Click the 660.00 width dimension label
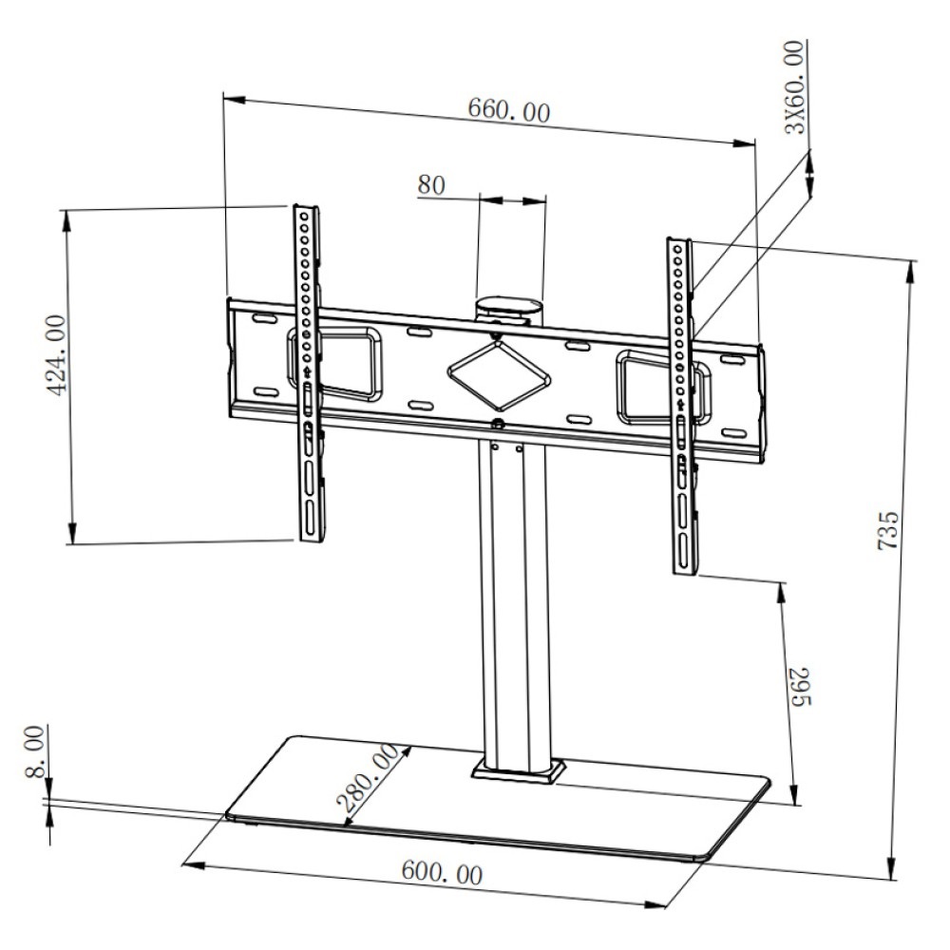(x=508, y=111)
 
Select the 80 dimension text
(x=430, y=184)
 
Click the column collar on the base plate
(x=516, y=769)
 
